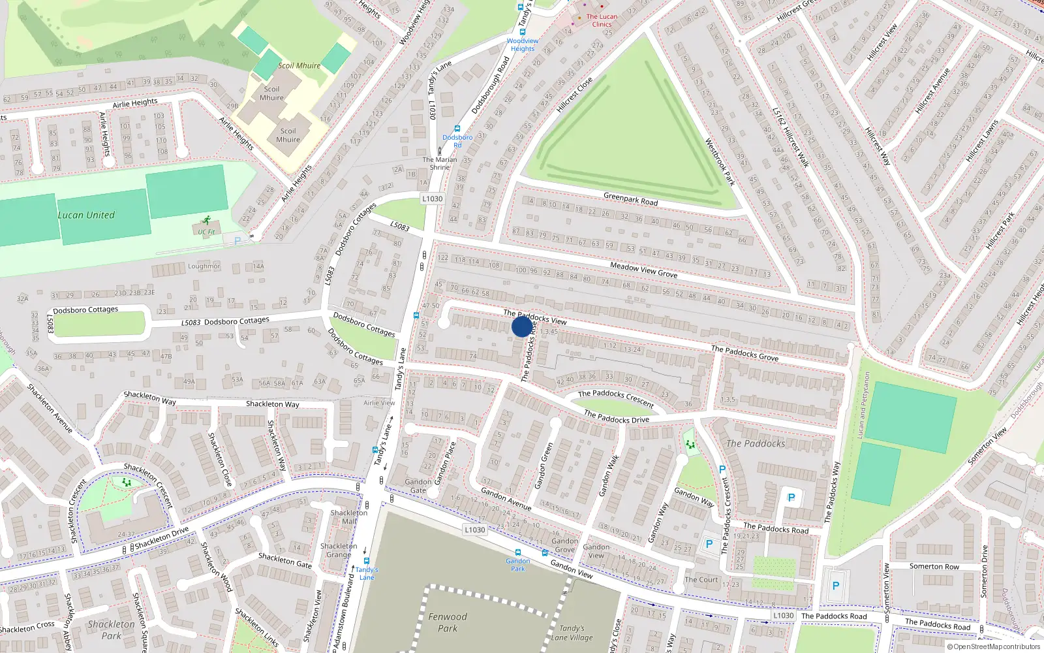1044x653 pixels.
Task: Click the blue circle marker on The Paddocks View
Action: pos(521,326)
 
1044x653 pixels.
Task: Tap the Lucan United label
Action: pos(86,215)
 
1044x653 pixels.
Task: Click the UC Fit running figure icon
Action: pos(207,221)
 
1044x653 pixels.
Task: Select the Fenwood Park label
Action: pos(448,622)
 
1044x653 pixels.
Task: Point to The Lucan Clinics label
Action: pos(602,20)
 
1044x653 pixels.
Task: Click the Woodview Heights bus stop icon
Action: pos(522,31)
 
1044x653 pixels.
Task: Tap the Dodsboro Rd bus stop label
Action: pos(457,141)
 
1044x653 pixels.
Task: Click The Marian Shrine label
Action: pos(439,163)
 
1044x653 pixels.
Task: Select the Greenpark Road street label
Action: pos(630,199)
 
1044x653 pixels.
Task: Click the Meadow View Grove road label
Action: pos(643,270)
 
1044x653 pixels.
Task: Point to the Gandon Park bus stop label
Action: pos(517,565)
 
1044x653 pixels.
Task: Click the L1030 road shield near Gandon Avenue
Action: pos(474,530)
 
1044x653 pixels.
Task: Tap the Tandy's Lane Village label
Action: pos(572,633)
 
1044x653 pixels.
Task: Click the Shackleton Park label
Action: pos(111,630)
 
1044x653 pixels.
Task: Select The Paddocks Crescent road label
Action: pos(615,398)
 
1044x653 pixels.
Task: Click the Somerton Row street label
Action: pos(934,566)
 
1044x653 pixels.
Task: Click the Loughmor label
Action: pos(204,266)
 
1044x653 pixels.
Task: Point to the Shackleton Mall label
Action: pos(349,517)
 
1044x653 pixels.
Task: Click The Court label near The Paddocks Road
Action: pos(701,579)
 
